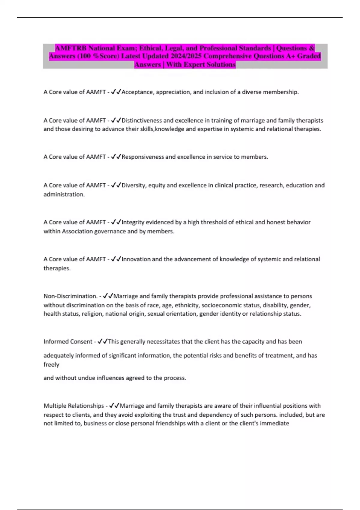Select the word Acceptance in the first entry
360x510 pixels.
pyautogui.click(x=137, y=92)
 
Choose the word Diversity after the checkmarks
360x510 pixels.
pyautogui.click(x=133, y=185)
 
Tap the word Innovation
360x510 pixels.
pyautogui.click(x=136, y=259)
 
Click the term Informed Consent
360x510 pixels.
pyautogui.click(x=68, y=341)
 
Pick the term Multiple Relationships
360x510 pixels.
pyautogui.click(x=74, y=406)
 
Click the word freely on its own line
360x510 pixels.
pyautogui.click(x=51, y=364)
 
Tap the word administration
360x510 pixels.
pyautogui.click(x=64, y=194)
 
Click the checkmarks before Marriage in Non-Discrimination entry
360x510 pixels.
pyautogui.click(x=108, y=296)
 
